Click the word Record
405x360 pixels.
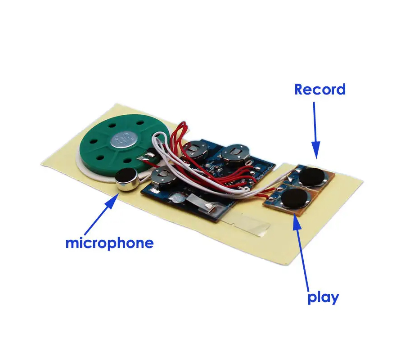point(320,90)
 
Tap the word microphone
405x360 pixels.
point(109,243)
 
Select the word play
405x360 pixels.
point(323,298)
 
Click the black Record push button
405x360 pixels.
point(312,177)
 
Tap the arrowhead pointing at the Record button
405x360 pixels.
point(315,150)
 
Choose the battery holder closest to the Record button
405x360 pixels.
point(235,154)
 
